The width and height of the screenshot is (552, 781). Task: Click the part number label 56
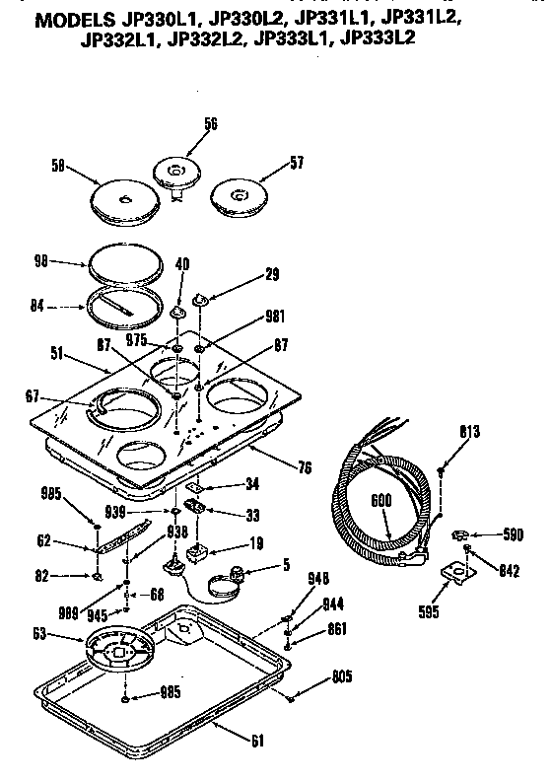pyautogui.click(x=210, y=123)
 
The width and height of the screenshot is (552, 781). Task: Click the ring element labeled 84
pyautogui.click(x=123, y=307)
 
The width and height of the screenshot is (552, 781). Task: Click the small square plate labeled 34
pyautogui.click(x=198, y=484)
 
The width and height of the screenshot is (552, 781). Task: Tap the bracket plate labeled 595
pyautogui.click(x=455, y=571)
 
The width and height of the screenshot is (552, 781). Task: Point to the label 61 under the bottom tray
pyautogui.click(x=256, y=740)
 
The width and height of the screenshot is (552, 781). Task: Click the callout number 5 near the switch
pyautogui.click(x=285, y=566)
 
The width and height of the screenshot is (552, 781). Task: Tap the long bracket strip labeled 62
pyautogui.click(x=128, y=534)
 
